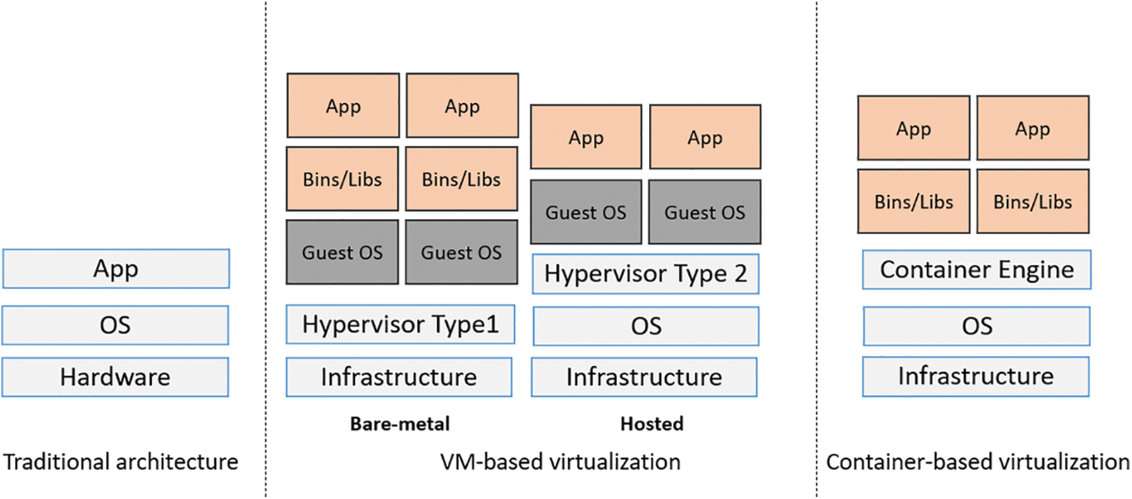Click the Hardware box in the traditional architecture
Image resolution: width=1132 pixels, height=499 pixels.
(x=115, y=377)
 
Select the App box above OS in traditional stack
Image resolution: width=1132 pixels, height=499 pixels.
(x=116, y=269)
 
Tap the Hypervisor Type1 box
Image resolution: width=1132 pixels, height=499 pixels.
(x=400, y=324)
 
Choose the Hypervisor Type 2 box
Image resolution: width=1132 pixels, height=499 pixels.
(x=645, y=273)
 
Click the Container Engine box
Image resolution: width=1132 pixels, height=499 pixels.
(x=976, y=270)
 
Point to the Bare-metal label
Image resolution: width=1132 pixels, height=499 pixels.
(x=400, y=424)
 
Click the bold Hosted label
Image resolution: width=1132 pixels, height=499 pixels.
(x=652, y=424)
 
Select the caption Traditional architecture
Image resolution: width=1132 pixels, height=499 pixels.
(x=121, y=462)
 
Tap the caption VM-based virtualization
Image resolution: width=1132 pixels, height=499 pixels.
(x=560, y=462)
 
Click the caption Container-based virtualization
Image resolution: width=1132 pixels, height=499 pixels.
(x=978, y=462)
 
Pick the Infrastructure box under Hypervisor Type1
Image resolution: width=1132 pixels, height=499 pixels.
(x=399, y=377)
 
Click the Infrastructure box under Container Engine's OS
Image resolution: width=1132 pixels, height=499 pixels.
(x=975, y=376)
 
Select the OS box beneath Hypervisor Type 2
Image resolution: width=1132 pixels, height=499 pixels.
(x=646, y=326)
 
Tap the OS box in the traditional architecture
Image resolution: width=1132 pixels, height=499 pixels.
(x=115, y=325)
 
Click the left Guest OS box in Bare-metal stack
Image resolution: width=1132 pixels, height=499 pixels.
(x=342, y=252)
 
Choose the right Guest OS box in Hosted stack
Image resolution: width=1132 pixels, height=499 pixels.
(x=705, y=212)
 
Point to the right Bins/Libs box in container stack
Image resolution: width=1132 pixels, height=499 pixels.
(x=1033, y=202)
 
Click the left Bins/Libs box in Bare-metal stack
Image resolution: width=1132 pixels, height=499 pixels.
(x=342, y=179)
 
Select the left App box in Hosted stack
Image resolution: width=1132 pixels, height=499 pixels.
(x=586, y=137)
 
